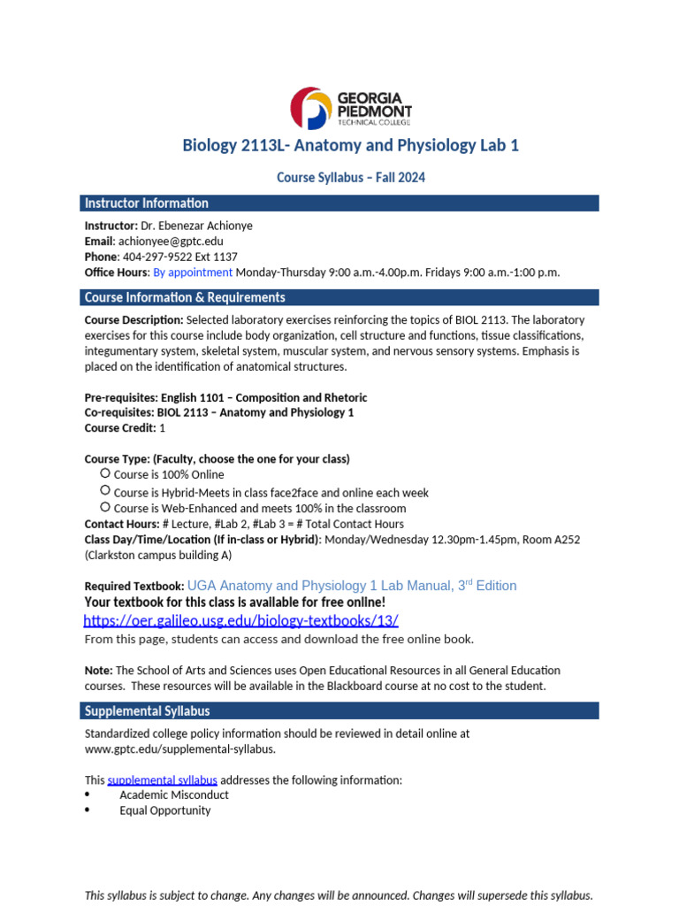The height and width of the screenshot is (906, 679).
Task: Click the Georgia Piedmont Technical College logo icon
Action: pyautogui.click(x=311, y=108)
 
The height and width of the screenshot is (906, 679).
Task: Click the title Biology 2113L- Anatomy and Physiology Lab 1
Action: pyautogui.click(x=350, y=145)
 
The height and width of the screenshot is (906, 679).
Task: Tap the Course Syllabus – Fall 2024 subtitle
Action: pyautogui.click(x=350, y=177)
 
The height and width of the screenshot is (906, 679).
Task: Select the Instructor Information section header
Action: pyautogui.click(x=147, y=203)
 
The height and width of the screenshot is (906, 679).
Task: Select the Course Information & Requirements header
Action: pyautogui.click(x=185, y=297)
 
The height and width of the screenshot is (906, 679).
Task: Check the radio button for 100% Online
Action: pyautogui.click(x=105, y=473)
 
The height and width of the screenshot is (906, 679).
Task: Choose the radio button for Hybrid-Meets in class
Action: pyautogui.click(x=105, y=490)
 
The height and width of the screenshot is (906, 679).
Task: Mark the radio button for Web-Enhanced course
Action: pyautogui.click(x=105, y=507)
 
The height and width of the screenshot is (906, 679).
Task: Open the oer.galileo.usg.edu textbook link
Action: pyautogui.click(x=241, y=620)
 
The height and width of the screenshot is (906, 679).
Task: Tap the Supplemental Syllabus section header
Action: pyautogui.click(x=147, y=710)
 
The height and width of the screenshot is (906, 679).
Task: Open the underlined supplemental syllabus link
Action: pyautogui.click(x=163, y=779)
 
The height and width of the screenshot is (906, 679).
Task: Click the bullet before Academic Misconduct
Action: pyautogui.click(x=88, y=795)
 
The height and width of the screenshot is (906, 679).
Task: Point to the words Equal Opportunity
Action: pyautogui.click(x=165, y=810)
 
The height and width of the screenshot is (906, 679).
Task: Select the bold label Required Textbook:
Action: pyautogui.click(x=134, y=587)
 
